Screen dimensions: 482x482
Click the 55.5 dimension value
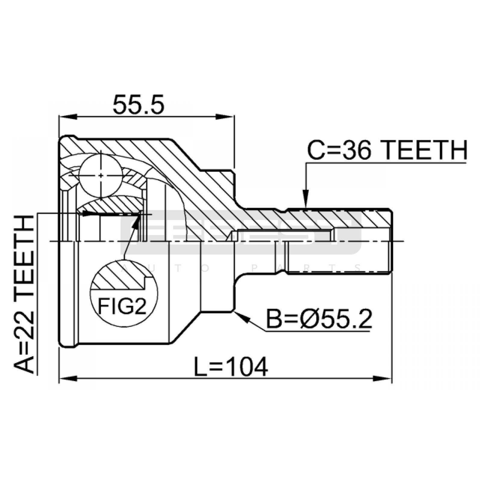point(139,105)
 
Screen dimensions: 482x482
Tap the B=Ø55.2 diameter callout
point(319,319)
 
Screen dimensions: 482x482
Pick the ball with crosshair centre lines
point(101,175)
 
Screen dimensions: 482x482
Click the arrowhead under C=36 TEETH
point(305,199)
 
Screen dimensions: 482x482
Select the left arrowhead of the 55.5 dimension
point(68,117)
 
